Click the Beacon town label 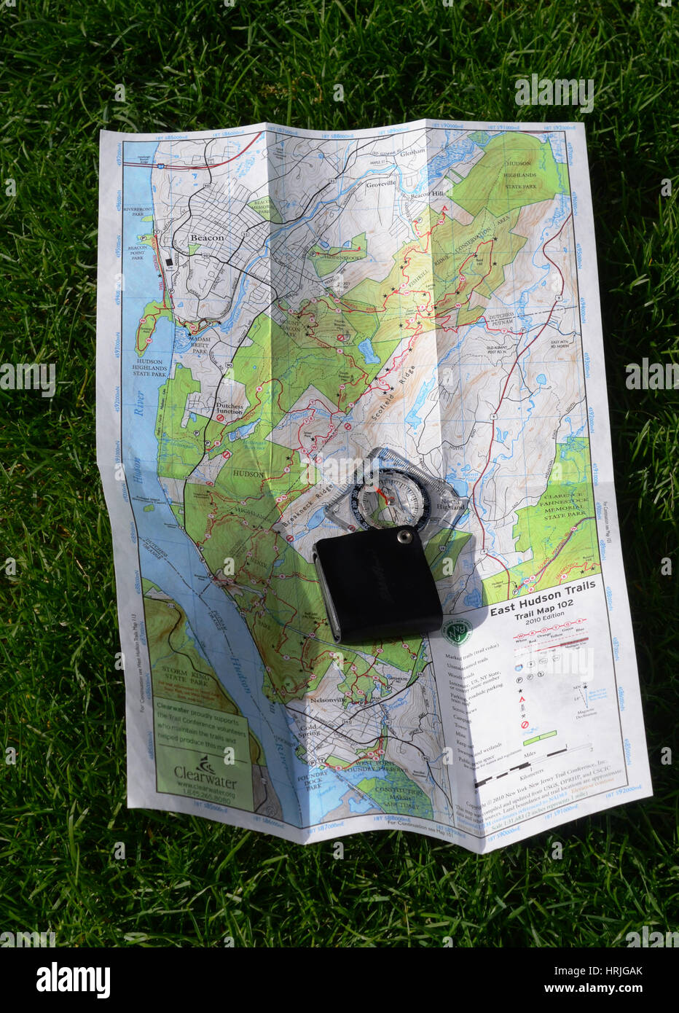coord(206,238)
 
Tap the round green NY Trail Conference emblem coord(458,631)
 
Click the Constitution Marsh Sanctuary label coord(399,796)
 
